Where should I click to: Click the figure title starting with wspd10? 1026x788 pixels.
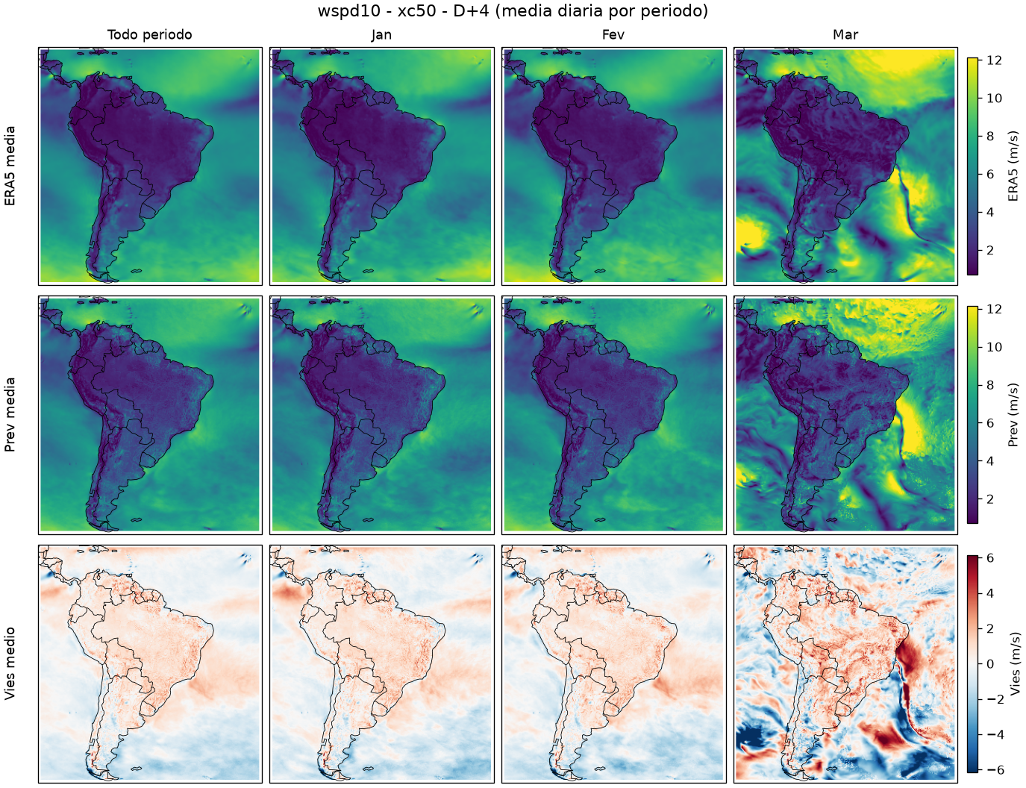coord(513,11)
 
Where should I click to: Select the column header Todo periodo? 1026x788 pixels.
coord(150,35)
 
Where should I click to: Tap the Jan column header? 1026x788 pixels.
coord(381,35)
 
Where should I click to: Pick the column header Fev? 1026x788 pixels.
coord(613,35)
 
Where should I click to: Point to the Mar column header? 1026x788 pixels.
coord(845,35)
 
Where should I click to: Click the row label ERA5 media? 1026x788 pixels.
coord(10,166)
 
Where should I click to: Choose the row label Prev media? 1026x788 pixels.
coord(10,415)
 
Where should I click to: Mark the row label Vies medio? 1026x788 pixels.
coord(10,663)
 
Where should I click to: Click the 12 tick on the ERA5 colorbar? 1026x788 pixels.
coord(994,60)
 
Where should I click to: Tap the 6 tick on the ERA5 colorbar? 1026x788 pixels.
coord(990,174)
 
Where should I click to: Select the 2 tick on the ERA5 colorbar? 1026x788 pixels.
coord(990,250)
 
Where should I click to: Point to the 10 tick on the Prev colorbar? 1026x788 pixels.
coord(994,347)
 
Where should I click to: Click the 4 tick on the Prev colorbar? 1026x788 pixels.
coord(990,461)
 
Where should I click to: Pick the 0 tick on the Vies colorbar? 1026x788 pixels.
coord(990,664)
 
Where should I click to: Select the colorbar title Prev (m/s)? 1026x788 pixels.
coord(1013,415)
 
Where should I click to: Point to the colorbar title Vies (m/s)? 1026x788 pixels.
coord(1015,663)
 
